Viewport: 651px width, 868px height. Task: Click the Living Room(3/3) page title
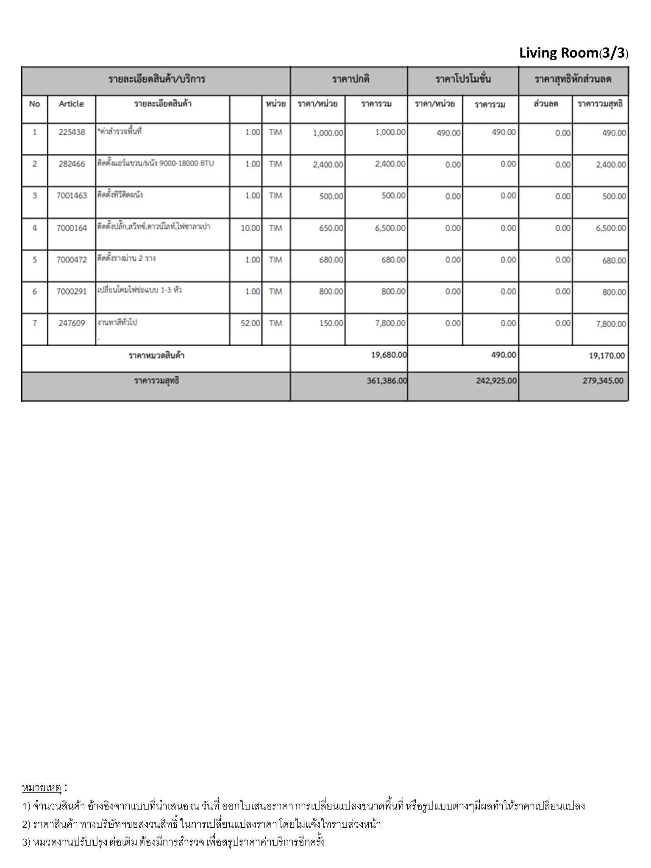click(x=573, y=53)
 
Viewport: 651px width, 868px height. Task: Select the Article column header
click(x=71, y=104)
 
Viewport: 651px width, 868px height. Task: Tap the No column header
click(x=34, y=104)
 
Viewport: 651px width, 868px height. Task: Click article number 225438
click(x=72, y=132)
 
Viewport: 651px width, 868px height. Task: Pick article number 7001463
click(x=72, y=196)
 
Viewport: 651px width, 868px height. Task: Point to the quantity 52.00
click(x=250, y=323)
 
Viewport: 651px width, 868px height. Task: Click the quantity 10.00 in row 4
click(x=250, y=228)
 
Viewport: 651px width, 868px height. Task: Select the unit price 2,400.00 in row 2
click(x=328, y=164)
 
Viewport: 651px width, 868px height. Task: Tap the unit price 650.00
click(x=331, y=228)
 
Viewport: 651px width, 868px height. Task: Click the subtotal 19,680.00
click(x=389, y=355)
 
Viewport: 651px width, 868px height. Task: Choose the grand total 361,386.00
click(x=387, y=381)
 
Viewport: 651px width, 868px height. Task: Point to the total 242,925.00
click(x=496, y=381)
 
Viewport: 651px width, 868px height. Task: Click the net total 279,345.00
click(x=603, y=381)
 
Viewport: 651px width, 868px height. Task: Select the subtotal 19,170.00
click(x=606, y=356)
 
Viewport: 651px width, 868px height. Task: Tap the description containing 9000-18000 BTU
click(x=156, y=164)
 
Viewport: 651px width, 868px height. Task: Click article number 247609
click(x=72, y=323)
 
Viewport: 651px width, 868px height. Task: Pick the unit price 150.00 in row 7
click(x=331, y=323)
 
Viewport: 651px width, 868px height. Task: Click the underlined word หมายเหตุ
click(x=42, y=788)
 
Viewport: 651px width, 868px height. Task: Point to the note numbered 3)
click(x=173, y=842)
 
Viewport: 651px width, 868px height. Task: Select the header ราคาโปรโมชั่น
click(x=463, y=79)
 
